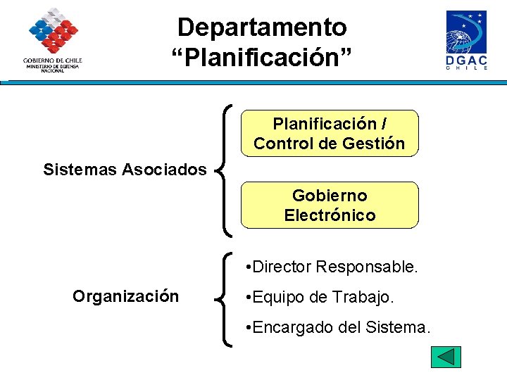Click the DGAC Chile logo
tap(466, 40)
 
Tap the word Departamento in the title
tap(262, 27)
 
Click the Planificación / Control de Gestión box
tap(330, 133)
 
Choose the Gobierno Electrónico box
tap(330, 205)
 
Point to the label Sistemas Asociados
tap(125, 170)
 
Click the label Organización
tap(125, 296)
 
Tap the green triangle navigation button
tap(446, 357)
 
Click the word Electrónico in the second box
tap(330, 215)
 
